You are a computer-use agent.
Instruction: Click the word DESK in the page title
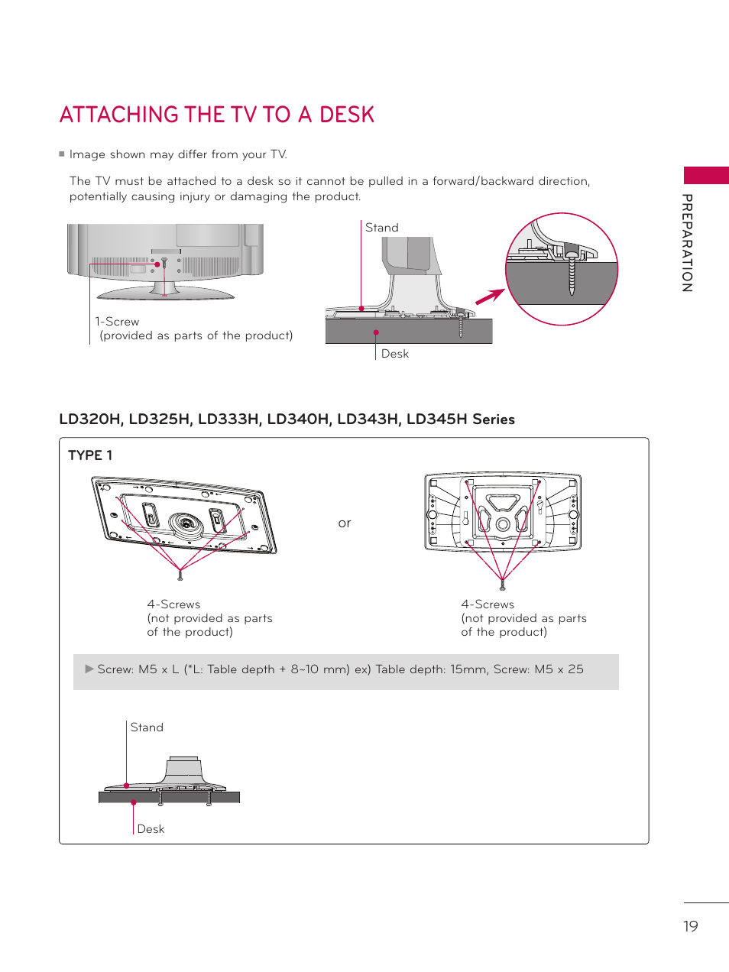[347, 115]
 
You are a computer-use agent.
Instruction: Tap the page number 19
[690, 926]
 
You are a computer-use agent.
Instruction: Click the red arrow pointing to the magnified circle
[490, 296]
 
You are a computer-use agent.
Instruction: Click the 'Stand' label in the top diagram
[382, 228]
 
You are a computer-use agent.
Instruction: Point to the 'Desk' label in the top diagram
[394, 354]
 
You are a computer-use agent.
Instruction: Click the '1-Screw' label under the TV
[118, 322]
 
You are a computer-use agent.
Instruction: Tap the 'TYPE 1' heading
[90, 455]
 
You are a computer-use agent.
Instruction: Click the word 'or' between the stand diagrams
[345, 523]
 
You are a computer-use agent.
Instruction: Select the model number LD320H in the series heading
[90, 420]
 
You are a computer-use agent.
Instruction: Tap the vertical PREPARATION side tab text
[687, 243]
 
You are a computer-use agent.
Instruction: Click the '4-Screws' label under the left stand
[173, 604]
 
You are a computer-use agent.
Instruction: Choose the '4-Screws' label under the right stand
[488, 604]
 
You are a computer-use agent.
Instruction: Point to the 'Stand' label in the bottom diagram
[147, 727]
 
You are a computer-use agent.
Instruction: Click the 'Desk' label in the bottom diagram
[151, 829]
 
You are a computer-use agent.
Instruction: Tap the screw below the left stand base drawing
[180, 575]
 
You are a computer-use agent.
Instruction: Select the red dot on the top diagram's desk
[376, 332]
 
